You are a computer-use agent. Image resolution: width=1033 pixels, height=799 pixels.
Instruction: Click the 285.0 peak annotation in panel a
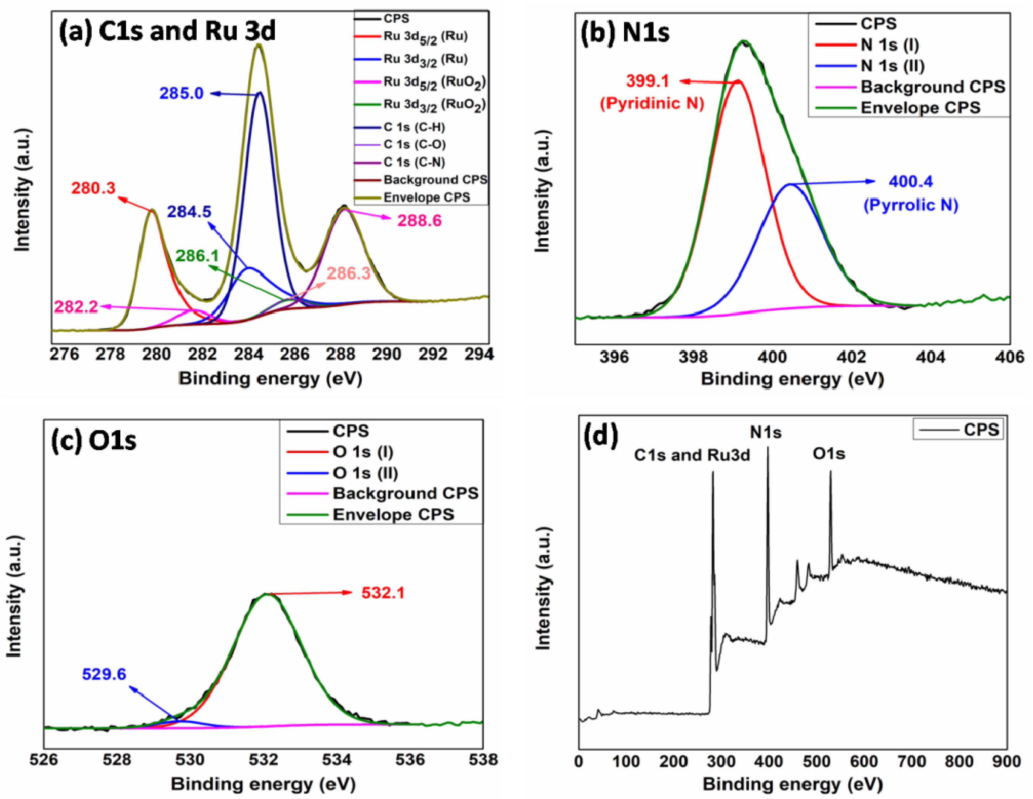click(181, 93)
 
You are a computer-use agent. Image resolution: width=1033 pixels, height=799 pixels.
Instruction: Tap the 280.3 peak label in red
click(93, 188)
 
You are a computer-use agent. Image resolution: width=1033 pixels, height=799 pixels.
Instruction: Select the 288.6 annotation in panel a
click(419, 220)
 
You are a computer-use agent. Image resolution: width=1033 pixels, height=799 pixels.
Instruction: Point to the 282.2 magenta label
click(76, 307)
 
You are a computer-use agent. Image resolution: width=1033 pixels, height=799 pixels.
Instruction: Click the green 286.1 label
click(197, 256)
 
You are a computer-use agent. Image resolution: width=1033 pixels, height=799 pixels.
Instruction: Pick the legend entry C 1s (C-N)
click(414, 162)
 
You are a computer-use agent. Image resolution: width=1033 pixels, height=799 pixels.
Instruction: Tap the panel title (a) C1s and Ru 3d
click(167, 31)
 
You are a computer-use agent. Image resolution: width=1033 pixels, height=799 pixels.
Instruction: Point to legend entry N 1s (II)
click(892, 65)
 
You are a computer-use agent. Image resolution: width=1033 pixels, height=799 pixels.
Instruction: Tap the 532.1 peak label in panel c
click(383, 593)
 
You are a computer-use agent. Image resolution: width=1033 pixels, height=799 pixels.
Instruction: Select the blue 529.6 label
click(104, 674)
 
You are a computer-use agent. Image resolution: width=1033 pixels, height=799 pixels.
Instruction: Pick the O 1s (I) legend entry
click(363, 452)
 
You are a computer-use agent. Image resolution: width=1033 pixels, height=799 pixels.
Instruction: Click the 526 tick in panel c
click(44, 760)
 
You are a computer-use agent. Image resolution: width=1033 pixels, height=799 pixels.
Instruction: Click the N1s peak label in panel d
click(765, 432)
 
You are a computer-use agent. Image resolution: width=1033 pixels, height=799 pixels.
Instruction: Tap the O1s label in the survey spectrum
click(829, 454)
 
